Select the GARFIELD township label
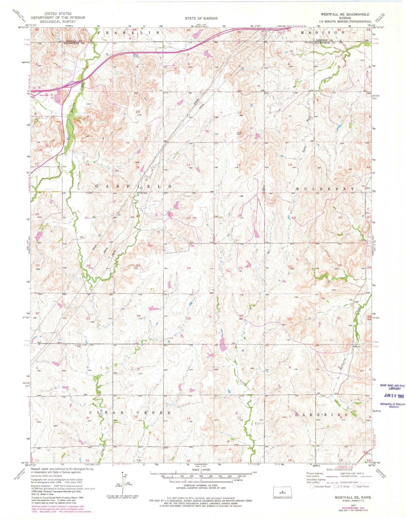(x=133, y=187)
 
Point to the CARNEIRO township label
(x=322, y=414)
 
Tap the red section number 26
(x=189, y=268)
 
